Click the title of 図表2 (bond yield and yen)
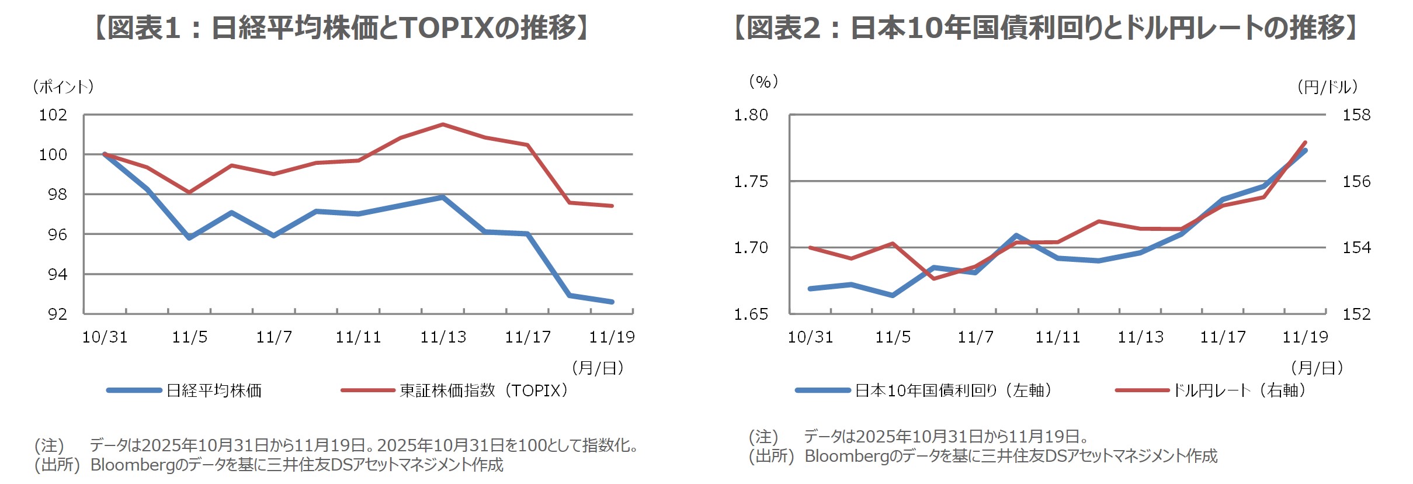pyautogui.click(x=1046, y=28)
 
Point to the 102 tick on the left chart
pyautogui.click(x=53, y=115)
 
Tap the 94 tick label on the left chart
pyautogui.click(x=57, y=274)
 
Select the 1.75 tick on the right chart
pyautogui.click(x=751, y=181)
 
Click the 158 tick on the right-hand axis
pyautogui.click(x=1356, y=115)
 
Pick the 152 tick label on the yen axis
pyautogui.click(x=1356, y=314)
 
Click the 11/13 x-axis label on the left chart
pyautogui.click(x=443, y=337)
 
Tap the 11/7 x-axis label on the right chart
pyautogui.click(x=975, y=337)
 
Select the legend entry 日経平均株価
pyautogui.click(x=214, y=390)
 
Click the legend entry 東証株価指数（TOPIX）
pyautogui.click(x=484, y=390)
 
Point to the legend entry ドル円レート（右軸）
pyautogui.click(x=1240, y=390)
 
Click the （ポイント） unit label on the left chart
pyautogui.click(x=63, y=87)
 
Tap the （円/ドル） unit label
pyautogui.click(x=1328, y=87)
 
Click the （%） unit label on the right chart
pyautogui.click(x=763, y=82)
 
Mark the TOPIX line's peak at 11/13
pyautogui.click(x=443, y=124)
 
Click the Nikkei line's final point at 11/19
pyautogui.click(x=612, y=302)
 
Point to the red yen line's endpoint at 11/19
pyautogui.click(x=1306, y=142)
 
